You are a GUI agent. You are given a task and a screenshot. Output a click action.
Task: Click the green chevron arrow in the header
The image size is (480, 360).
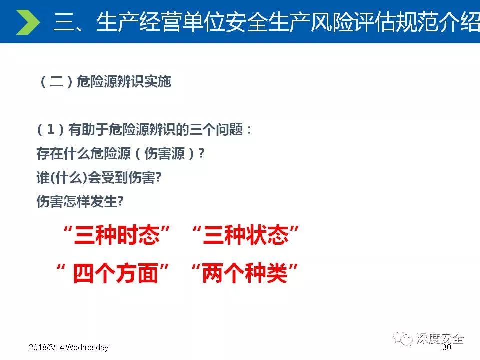28,22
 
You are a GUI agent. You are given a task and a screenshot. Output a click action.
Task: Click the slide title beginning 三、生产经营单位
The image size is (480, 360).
266,22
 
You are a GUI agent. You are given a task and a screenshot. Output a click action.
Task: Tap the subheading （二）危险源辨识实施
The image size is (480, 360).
104,81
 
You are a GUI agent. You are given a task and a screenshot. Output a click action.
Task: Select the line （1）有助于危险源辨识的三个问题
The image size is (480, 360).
144,129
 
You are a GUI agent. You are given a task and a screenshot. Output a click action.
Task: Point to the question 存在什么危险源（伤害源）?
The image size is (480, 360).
120,153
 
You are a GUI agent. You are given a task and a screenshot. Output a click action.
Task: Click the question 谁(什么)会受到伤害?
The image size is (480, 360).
99,177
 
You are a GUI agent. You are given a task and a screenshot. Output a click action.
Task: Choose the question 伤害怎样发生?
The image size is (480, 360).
80,201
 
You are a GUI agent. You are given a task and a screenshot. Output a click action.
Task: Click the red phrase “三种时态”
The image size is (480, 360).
116,235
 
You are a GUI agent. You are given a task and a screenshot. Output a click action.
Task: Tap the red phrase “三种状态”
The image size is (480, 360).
246,235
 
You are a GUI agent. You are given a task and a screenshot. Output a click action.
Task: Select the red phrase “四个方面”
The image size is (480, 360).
112,273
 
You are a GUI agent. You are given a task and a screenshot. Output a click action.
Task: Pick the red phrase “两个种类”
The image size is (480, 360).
245,273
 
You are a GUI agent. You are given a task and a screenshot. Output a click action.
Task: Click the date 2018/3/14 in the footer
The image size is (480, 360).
47,348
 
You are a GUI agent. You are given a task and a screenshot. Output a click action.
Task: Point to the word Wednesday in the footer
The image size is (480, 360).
87,348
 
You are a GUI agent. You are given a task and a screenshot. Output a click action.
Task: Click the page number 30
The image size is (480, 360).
447,347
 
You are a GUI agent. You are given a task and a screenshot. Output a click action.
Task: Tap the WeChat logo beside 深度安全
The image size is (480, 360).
403,339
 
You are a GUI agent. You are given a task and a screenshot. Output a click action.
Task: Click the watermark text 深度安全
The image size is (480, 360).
440,338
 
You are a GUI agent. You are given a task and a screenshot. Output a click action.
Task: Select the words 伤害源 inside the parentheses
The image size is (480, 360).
164,153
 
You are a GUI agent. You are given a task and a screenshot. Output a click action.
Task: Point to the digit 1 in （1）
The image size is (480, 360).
51,129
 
